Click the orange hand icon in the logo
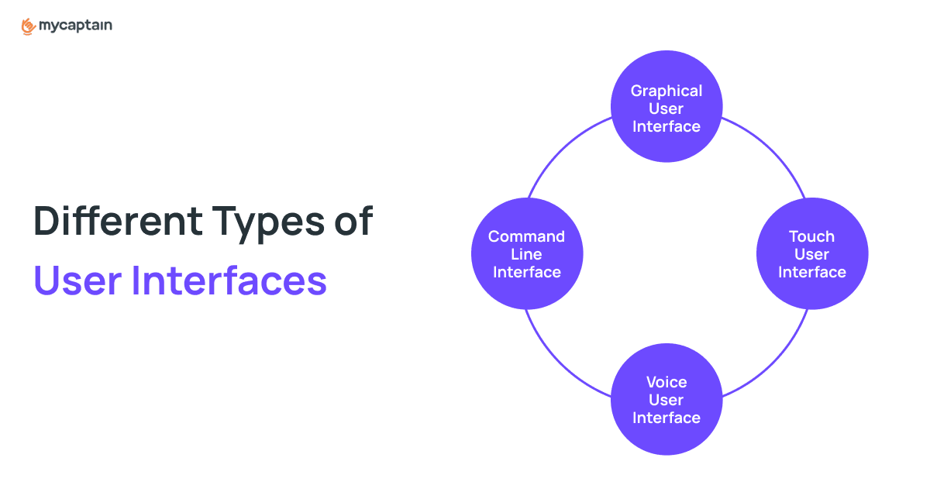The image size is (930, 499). (x=28, y=26)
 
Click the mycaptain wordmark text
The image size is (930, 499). (x=75, y=26)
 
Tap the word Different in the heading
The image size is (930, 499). (x=118, y=221)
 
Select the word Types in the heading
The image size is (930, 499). (x=268, y=224)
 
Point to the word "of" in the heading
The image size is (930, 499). (x=353, y=221)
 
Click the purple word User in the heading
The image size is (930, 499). (x=77, y=280)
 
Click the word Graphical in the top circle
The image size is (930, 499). (x=666, y=91)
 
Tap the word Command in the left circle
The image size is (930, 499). (x=526, y=236)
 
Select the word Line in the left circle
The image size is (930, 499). (x=526, y=254)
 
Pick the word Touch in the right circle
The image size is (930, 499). (x=811, y=236)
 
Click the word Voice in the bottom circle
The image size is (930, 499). (x=666, y=382)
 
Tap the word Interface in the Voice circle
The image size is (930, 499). (x=666, y=418)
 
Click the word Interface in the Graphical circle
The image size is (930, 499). (x=666, y=126)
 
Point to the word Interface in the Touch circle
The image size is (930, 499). (x=812, y=272)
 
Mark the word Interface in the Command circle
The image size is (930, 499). (x=527, y=272)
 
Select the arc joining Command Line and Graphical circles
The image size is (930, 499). (x=562, y=149)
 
